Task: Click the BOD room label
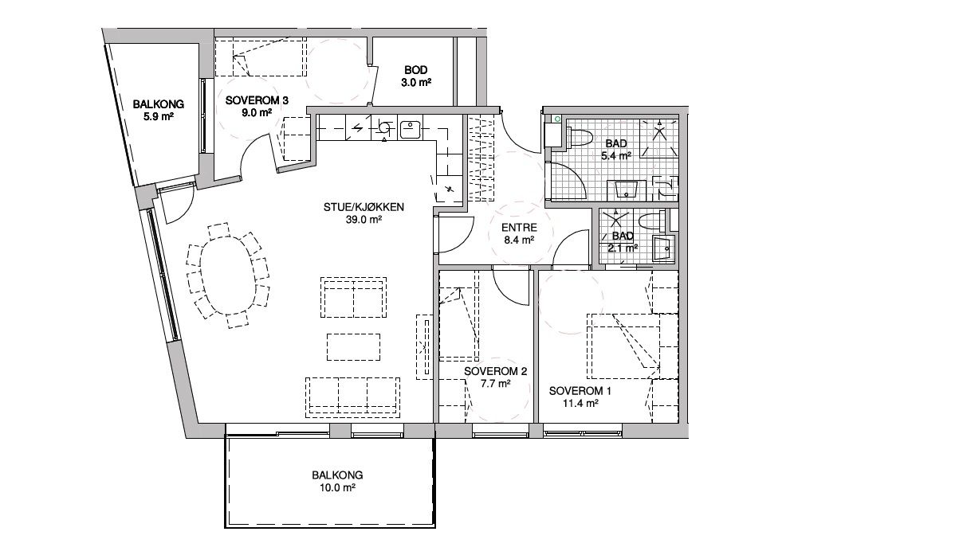(415, 70)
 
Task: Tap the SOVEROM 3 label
(257, 100)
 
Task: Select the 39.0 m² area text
(364, 220)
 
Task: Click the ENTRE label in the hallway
(519, 228)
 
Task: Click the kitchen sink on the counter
(410, 130)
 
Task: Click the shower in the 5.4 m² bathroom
(659, 139)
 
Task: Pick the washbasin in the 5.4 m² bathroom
(626, 190)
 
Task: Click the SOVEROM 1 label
(580, 391)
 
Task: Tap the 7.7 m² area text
(496, 383)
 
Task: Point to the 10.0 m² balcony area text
(337, 487)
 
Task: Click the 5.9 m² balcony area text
(158, 116)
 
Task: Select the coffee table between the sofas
(353, 347)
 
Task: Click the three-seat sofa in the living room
(352, 397)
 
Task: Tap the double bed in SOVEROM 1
(623, 346)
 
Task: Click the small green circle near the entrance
(557, 119)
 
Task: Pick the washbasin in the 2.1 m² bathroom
(664, 248)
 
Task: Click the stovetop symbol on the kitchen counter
(384, 127)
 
